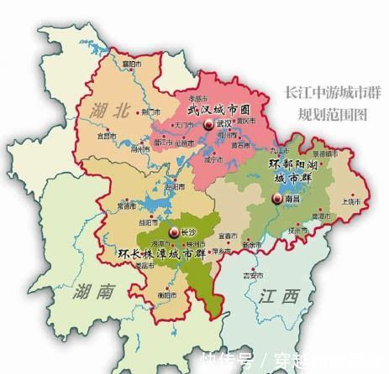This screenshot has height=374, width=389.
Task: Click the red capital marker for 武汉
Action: pos(207,125)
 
